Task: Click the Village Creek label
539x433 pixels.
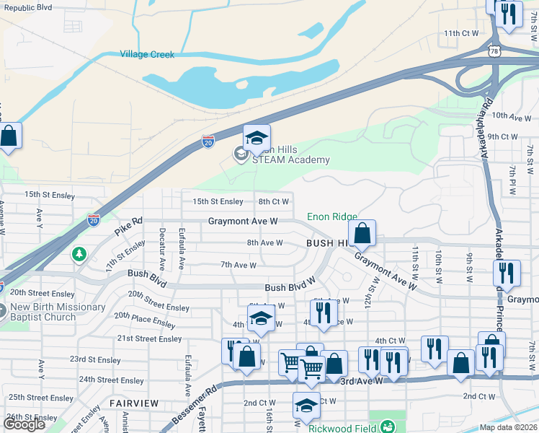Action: click(x=147, y=54)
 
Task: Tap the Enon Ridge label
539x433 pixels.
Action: click(x=332, y=216)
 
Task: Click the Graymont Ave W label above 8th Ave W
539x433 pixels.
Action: click(x=243, y=222)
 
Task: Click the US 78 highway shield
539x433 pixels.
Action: click(x=494, y=51)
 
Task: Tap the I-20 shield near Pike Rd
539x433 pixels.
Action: click(x=93, y=220)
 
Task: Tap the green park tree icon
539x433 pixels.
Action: click(x=79, y=254)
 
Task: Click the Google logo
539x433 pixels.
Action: click(x=24, y=424)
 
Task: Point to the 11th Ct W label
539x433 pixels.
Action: click(x=461, y=33)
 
